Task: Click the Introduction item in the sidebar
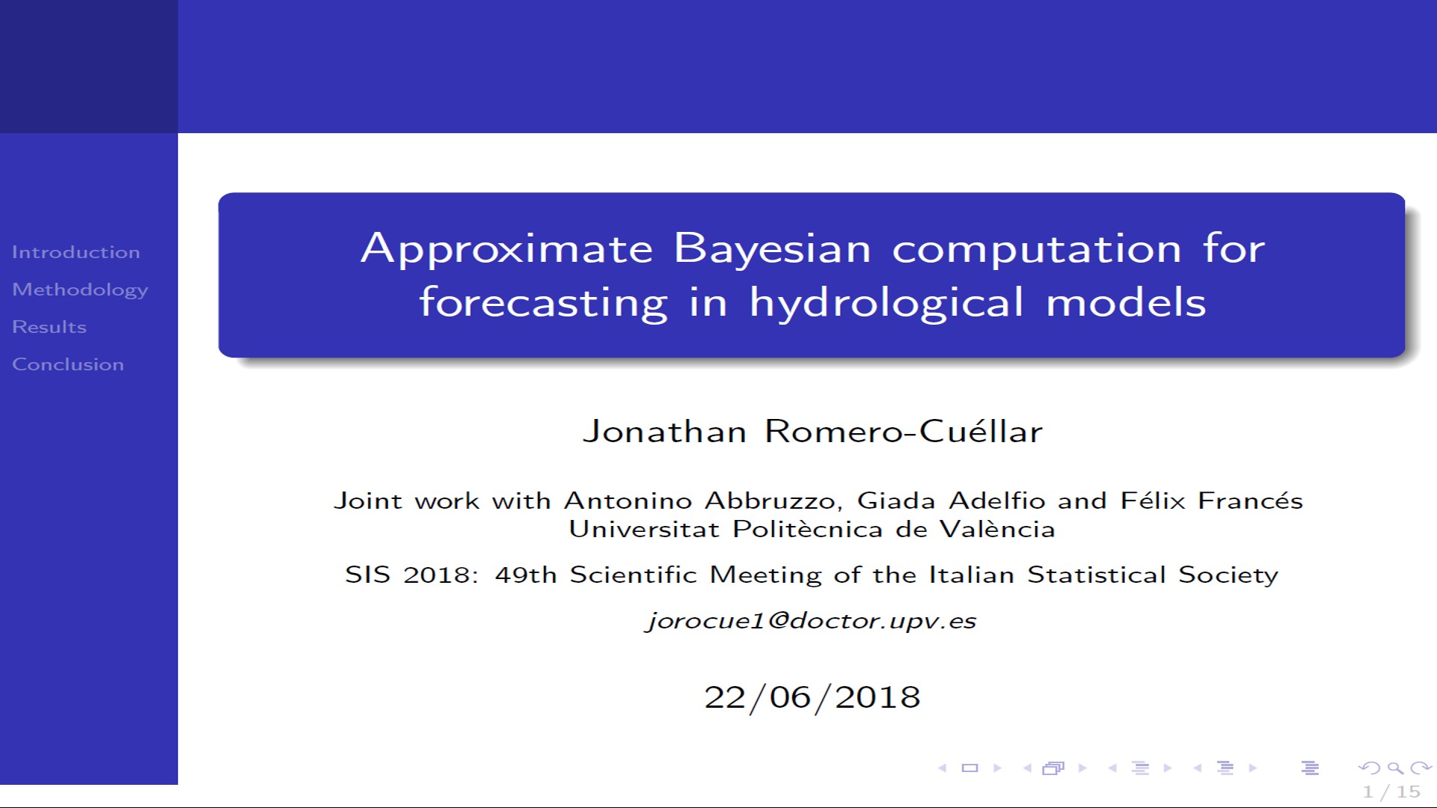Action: (x=76, y=252)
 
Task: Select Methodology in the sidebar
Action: (x=80, y=290)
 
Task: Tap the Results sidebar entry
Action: (x=49, y=327)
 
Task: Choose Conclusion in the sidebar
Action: (x=68, y=364)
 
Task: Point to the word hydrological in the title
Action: (x=886, y=303)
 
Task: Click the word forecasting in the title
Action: (x=543, y=303)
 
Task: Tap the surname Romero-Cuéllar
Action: (x=903, y=432)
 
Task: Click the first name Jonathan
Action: (x=664, y=432)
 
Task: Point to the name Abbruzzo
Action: (x=774, y=501)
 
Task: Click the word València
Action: (x=997, y=529)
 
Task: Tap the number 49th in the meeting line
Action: (x=526, y=575)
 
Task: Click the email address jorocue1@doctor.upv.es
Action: (x=812, y=621)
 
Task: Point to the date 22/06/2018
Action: (x=812, y=697)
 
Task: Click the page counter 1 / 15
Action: (x=1391, y=792)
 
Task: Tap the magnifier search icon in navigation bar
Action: (x=1394, y=768)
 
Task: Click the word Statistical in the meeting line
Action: (x=1096, y=575)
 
